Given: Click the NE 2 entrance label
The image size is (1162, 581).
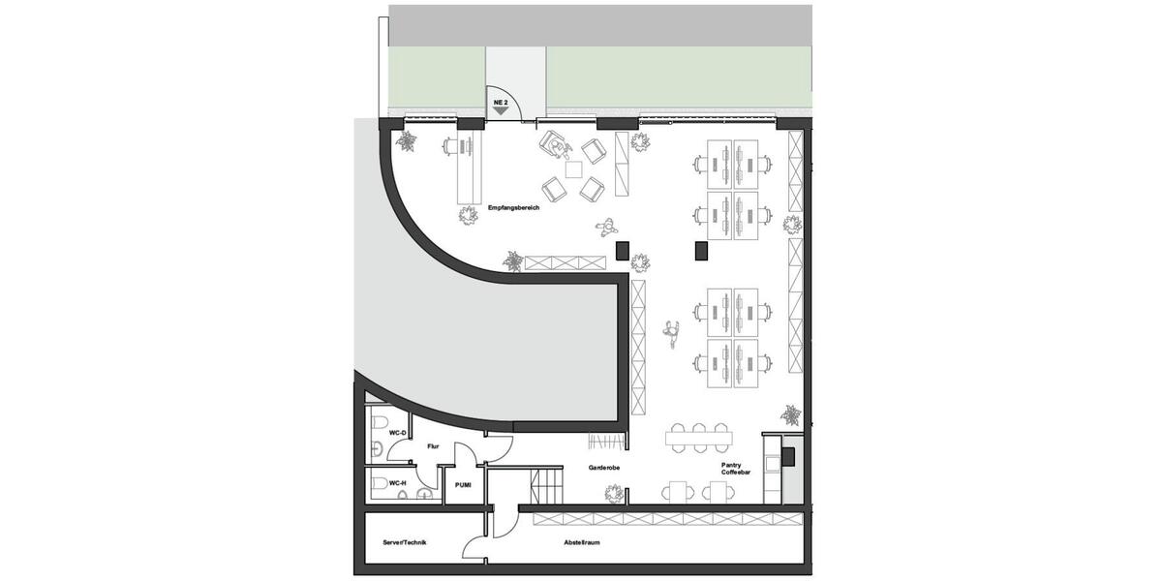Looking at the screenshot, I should (x=501, y=101).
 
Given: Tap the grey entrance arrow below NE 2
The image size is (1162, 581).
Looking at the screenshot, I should (x=501, y=111).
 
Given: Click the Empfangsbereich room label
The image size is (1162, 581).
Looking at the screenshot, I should (x=513, y=207).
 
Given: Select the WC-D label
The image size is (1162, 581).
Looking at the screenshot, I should (x=397, y=433).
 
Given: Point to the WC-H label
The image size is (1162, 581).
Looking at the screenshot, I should (x=397, y=481).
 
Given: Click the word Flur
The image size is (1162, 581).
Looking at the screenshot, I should (x=433, y=446).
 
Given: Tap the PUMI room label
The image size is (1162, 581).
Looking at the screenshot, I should (x=463, y=484).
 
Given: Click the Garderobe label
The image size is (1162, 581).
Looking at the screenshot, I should (x=603, y=468).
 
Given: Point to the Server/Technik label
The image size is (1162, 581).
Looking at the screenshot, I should (x=405, y=543).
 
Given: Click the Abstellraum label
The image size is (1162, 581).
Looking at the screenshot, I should (x=581, y=543).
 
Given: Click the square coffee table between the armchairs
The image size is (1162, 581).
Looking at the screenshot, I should (x=574, y=169).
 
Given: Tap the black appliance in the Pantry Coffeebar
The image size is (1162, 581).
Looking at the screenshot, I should (x=788, y=455).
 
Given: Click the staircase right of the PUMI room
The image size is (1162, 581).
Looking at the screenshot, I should (x=547, y=481).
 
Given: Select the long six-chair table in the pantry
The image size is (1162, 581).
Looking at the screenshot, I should (x=699, y=438).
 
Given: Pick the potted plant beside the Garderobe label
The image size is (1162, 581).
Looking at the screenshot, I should (x=611, y=494).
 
